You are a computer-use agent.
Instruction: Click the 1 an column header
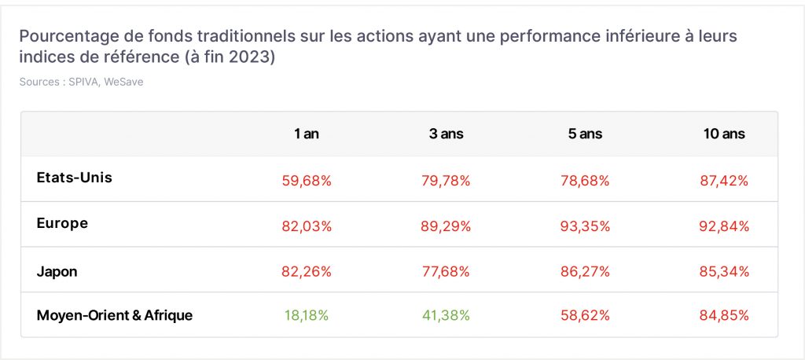(307, 134)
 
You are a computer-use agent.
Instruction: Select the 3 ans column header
(447, 134)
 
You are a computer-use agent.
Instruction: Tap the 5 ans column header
(585, 134)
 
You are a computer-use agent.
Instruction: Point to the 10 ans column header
(724, 134)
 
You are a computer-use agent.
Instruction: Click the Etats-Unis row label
(75, 178)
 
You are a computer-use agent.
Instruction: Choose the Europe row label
(62, 223)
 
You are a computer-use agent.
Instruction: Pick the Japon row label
(57, 272)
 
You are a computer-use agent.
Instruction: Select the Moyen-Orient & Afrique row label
(115, 315)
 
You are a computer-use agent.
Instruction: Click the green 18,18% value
(307, 315)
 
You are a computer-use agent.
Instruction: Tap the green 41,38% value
(446, 315)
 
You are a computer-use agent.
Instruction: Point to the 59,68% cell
(307, 181)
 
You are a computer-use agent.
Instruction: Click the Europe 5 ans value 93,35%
(585, 226)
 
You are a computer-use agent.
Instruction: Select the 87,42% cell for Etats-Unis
(724, 181)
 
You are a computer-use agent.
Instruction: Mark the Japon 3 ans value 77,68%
(446, 272)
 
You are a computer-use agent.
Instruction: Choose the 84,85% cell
(724, 315)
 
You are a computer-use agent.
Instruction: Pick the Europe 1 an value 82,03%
(307, 226)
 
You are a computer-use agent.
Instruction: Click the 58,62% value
(585, 315)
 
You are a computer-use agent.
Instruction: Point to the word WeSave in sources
(123, 82)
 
